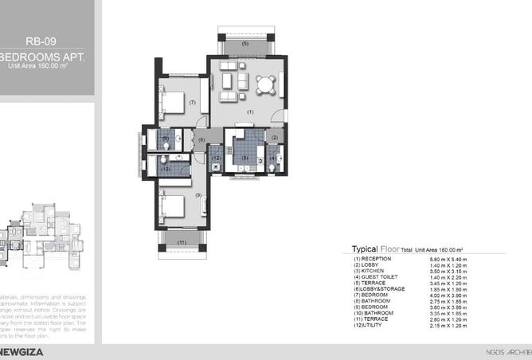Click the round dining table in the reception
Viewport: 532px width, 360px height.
tap(264, 82)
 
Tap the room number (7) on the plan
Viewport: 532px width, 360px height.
tap(193, 102)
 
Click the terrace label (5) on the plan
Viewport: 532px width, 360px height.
tap(244, 43)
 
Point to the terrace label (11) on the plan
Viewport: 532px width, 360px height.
tap(182, 241)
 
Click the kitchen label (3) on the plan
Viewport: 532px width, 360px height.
tap(245, 158)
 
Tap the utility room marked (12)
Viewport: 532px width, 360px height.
tap(216, 158)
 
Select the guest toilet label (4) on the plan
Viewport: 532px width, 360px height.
tap(272, 158)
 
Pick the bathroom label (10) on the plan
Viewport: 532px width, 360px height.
tap(166, 169)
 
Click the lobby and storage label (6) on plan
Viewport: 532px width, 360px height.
tap(202, 139)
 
